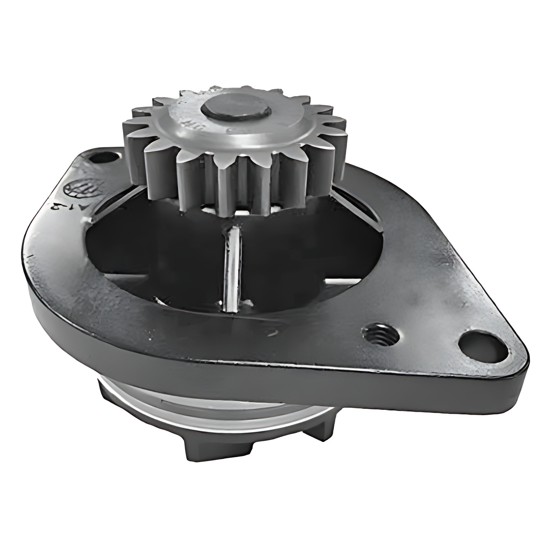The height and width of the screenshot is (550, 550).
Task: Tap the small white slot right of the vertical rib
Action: tap(340, 281)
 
